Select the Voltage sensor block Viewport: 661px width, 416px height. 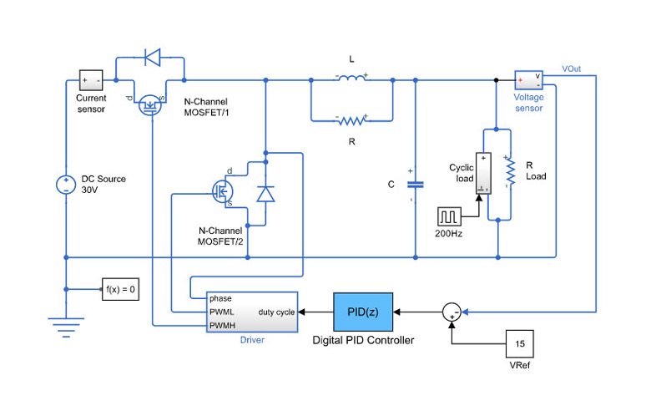tap(528, 80)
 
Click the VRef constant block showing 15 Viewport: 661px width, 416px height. tap(518, 343)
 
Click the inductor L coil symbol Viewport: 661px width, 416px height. tap(351, 80)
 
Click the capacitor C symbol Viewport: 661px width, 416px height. tap(415, 185)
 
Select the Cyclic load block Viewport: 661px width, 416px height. tap(483, 174)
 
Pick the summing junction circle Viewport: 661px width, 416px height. tap(452, 312)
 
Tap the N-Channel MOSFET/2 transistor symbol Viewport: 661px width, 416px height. tap(223, 190)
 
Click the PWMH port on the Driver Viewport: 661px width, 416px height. tap(222, 325)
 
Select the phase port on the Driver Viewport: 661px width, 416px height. tap(220, 298)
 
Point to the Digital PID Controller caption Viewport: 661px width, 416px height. tap(363, 340)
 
